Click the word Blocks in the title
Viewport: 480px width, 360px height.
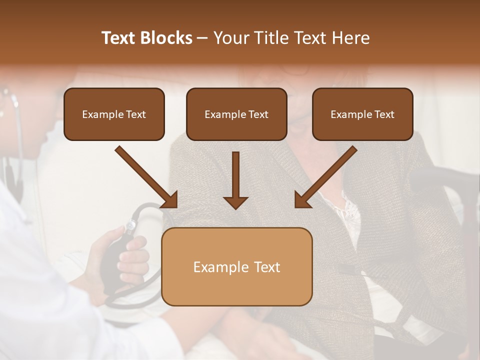pyautogui.click(x=166, y=38)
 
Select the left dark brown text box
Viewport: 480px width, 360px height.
pyautogui.click(x=114, y=114)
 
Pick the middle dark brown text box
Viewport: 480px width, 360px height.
pyautogui.click(x=236, y=114)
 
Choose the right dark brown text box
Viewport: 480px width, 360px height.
pyautogui.click(x=362, y=114)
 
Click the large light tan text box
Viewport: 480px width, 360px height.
pyautogui.click(x=236, y=266)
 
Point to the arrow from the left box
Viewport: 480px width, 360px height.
pyautogui.click(x=146, y=177)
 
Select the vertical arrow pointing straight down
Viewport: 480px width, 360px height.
pyautogui.click(x=236, y=180)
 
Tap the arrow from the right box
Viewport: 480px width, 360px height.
pyautogui.click(x=326, y=177)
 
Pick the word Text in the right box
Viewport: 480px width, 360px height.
pyautogui.click(x=384, y=114)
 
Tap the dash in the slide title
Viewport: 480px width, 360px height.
pyautogui.click(x=202, y=38)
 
